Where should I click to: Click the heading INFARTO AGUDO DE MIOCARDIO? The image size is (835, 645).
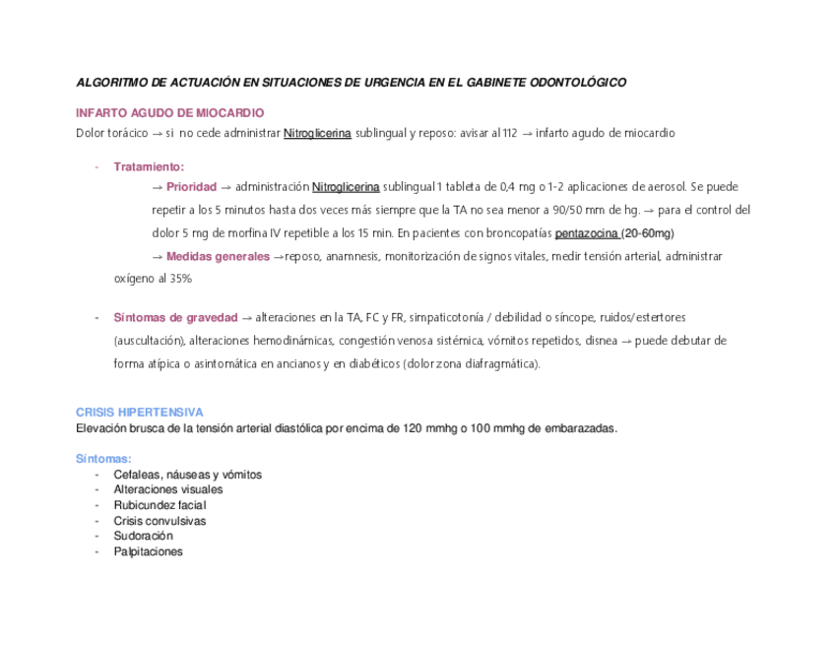click(169, 113)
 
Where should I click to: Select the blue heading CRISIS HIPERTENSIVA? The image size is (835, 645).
click(139, 413)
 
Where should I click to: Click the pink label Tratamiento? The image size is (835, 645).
click(149, 166)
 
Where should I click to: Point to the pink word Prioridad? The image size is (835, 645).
click(191, 187)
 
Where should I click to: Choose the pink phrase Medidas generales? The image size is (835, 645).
click(218, 257)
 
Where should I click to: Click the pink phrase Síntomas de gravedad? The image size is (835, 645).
click(175, 318)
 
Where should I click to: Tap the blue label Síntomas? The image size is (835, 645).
click(103, 459)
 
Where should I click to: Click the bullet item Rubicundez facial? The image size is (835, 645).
click(160, 505)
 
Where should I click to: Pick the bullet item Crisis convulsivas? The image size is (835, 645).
click(160, 521)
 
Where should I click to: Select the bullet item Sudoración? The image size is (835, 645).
click(143, 536)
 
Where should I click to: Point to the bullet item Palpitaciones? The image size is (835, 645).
click(148, 551)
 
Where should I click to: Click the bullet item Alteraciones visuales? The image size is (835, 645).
click(167, 489)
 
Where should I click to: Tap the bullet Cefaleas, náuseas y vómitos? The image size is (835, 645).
click(187, 475)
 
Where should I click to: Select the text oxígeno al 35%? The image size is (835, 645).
click(153, 280)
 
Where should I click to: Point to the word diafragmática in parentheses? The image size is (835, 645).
click(497, 363)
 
